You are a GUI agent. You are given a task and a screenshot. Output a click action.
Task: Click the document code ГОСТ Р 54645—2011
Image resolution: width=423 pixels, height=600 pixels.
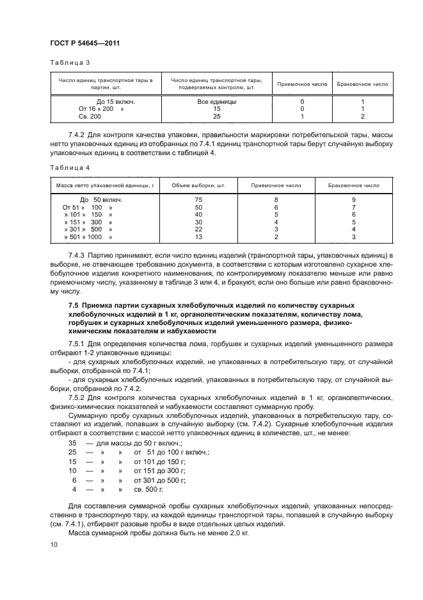click(x=83, y=43)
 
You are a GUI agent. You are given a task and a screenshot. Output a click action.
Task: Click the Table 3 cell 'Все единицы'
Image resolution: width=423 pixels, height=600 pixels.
click(x=216, y=102)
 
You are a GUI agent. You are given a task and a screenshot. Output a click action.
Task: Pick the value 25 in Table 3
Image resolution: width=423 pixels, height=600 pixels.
click(x=216, y=117)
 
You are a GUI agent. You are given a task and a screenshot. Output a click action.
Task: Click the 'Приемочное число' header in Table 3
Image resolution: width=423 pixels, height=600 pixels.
click(x=301, y=84)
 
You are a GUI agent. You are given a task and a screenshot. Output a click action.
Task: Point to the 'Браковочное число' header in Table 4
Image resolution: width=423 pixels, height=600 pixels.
click(x=353, y=185)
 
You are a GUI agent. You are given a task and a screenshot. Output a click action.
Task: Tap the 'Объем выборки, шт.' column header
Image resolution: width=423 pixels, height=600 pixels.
click(x=199, y=185)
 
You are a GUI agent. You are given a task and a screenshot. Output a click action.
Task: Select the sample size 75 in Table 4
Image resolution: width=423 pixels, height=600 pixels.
click(x=198, y=200)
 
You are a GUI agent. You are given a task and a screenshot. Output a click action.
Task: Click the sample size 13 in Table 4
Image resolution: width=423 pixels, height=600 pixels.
click(x=198, y=237)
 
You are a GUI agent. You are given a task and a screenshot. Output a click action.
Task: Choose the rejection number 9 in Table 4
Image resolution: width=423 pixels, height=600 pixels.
click(x=353, y=200)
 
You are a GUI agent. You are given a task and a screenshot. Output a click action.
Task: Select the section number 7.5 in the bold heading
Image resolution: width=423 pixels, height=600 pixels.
click(x=73, y=305)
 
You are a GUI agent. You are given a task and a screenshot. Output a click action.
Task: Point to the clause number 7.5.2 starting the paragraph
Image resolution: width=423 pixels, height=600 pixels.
click(x=77, y=398)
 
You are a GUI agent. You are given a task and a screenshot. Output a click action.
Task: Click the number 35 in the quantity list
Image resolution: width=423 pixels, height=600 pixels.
click(x=72, y=443)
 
